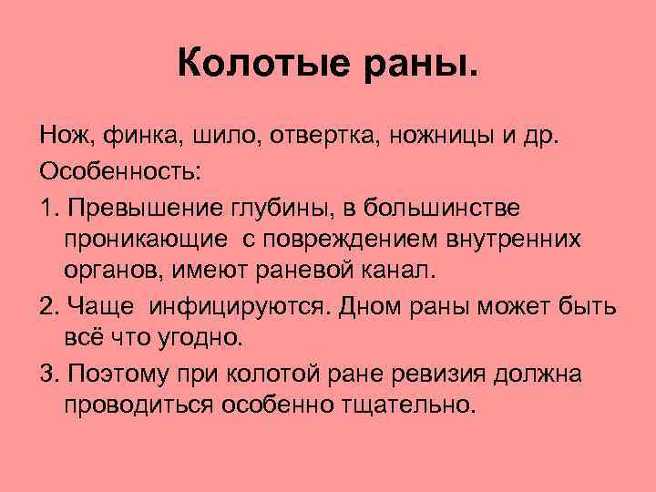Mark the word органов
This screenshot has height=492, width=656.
click(x=108, y=272)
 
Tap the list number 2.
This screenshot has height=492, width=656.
click(x=49, y=305)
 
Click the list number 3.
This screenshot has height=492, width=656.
click(x=49, y=374)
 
